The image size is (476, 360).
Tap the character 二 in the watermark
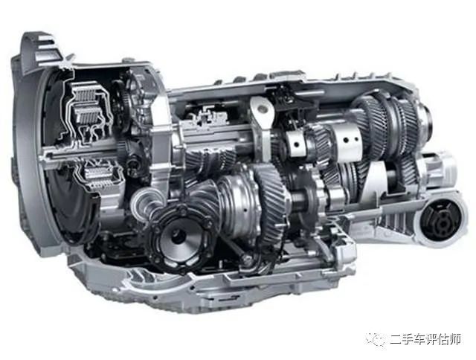396,340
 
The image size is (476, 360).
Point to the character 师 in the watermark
455,340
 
